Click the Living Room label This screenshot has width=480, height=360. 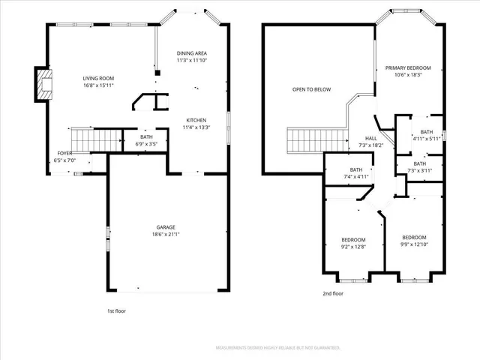point(97,77)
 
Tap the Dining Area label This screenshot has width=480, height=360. point(192,53)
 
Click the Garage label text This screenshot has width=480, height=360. point(166,226)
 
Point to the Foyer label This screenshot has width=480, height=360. point(64,153)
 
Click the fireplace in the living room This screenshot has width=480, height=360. point(43,85)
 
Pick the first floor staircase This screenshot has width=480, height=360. point(96,139)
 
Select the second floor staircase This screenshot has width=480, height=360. point(318,139)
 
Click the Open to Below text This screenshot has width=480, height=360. point(311,89)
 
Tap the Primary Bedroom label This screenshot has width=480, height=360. point(403,68)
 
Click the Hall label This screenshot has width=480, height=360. point(371,139)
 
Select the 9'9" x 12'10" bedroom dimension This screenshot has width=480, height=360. point(413,244)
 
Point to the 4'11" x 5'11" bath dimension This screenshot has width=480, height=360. point(426,139)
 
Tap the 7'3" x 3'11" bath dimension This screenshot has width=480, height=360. point(419,170)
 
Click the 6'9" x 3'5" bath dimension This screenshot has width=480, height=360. point(146,143)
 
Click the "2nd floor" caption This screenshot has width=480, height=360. point(332,293)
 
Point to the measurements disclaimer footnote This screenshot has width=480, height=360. point(277,348)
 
